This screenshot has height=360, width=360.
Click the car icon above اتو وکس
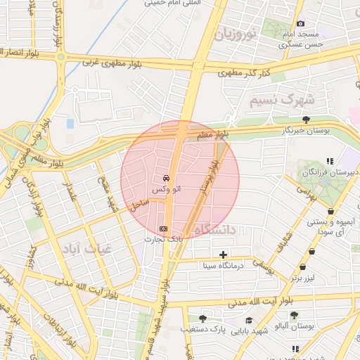166,178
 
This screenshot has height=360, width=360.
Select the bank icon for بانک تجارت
165,229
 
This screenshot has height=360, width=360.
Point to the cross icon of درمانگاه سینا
224,255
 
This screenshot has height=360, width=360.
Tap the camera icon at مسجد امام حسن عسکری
301,24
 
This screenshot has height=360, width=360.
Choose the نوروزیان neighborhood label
236,33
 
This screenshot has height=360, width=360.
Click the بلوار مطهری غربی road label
113,62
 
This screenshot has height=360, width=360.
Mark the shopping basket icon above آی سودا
330,211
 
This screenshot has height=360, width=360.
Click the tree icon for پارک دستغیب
202,319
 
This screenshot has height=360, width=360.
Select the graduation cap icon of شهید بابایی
249,320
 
